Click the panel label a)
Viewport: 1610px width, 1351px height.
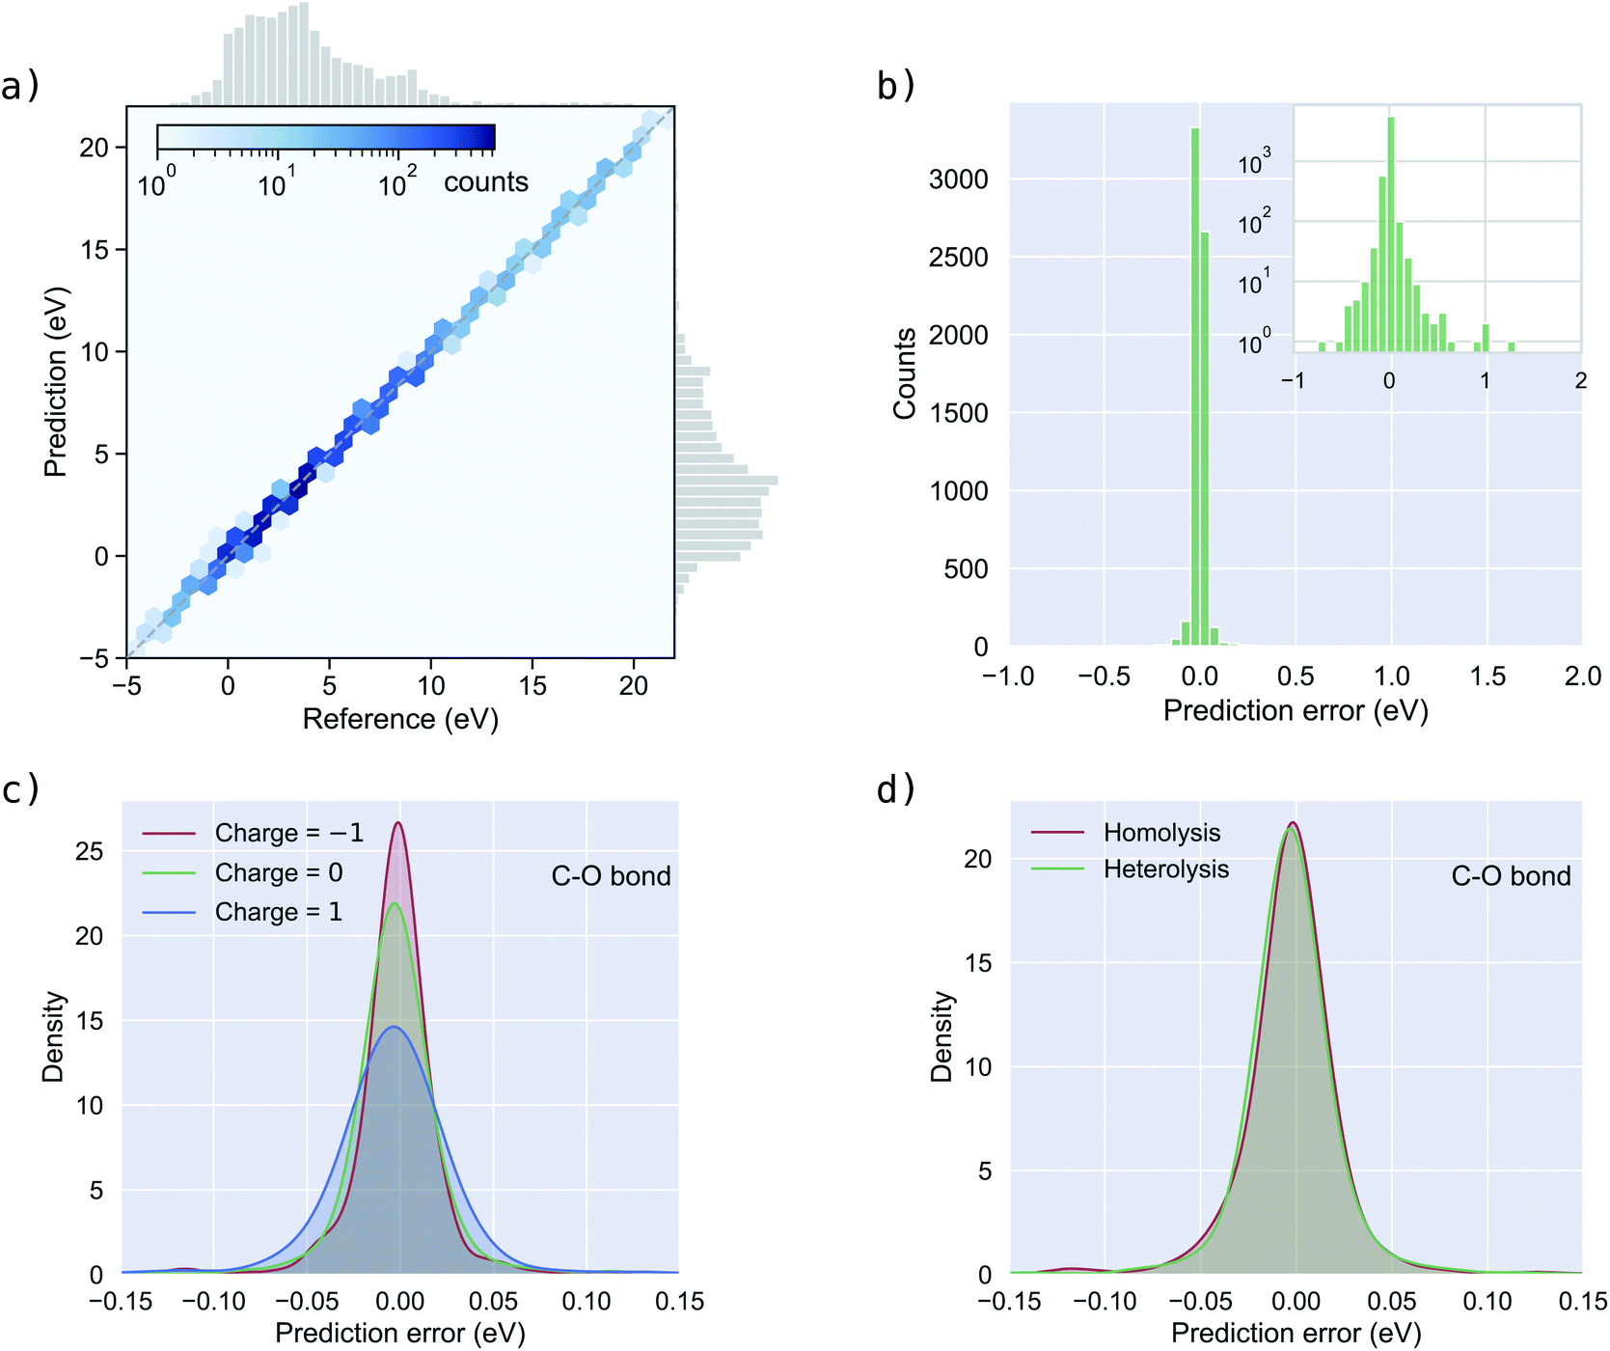coord(19,86)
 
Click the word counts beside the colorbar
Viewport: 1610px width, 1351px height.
coord(485,181)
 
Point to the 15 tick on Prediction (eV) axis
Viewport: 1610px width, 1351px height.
coord(95,249)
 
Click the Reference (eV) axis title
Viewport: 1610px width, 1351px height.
coord(400,719)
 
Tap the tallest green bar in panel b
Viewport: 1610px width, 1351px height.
coord(1195,386)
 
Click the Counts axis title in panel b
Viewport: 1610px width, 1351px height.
coord(904,373)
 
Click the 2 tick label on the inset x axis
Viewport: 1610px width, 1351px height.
coord(1580,381)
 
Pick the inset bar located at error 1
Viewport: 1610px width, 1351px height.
coord(1486,338)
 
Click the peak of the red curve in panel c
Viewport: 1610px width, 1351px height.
coord(397,823)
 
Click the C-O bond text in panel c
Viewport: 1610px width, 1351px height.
coord(611,876)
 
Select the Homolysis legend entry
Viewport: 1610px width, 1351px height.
coord(1161,832)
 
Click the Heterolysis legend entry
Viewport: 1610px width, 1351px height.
coord(1165,869)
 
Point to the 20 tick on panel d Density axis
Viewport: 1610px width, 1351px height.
coord(978,859)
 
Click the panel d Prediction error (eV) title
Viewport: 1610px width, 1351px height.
coord(1296,1333)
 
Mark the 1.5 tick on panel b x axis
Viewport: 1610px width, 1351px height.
coord(1487,676)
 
